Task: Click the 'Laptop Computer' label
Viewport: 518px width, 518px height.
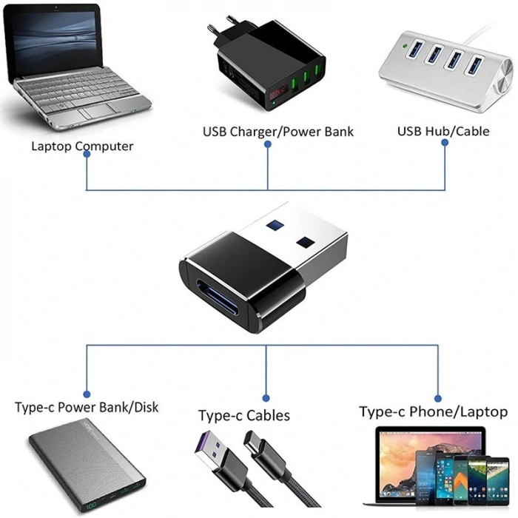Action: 82,146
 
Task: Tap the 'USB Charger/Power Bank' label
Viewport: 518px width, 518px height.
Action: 278,132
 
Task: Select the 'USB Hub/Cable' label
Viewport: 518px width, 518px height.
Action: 443,131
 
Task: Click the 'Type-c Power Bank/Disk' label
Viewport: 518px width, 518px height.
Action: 87,407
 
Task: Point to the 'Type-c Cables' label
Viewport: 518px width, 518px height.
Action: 244,415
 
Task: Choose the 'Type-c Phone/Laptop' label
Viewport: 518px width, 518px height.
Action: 433,411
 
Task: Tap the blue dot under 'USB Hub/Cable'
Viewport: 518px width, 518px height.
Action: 445,144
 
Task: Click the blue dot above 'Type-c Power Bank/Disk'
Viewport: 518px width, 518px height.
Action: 87,394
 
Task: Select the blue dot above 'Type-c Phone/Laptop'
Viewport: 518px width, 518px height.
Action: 437,397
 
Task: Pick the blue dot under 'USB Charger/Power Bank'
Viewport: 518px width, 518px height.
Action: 268,145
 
